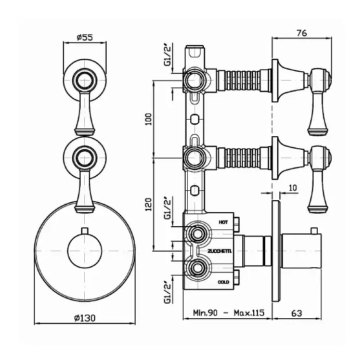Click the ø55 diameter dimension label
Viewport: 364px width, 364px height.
pyautogui.click(x=84, y=37)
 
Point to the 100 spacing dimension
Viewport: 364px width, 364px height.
pyautogui.click(x=149, y=118)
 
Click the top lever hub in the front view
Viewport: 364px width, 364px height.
pyautogui.click(x=84, y=80)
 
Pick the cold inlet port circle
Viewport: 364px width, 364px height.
pyautogui.click(x=197, y=268)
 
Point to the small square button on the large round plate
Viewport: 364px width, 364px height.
pyautogui.click(x=84, y=229)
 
